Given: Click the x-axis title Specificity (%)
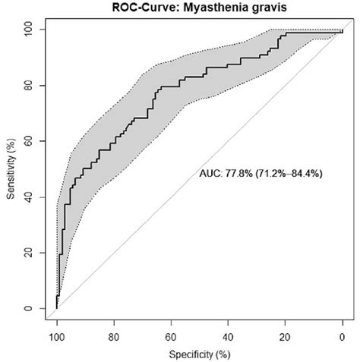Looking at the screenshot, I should pyautogui.click(x=199, y=354).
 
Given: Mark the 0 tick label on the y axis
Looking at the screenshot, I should pyautogui.click(x=32, y=309).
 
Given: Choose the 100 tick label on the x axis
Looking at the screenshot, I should pyautogui.click(x=57, y=335).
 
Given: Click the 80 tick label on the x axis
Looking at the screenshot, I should pyautogui.click(x=114, y=335).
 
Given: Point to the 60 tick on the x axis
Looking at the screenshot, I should pyautogui.click(x=171, y=335).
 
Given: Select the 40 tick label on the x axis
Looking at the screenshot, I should pyautogui.click(x=228, y=335).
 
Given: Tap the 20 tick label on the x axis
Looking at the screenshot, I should pyautogui.click(x=285, y=335).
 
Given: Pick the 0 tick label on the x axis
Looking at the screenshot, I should pyautogui.click(x=343, y=335).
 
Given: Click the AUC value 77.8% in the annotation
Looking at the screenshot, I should pyautogui.click(x=236, y=174).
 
